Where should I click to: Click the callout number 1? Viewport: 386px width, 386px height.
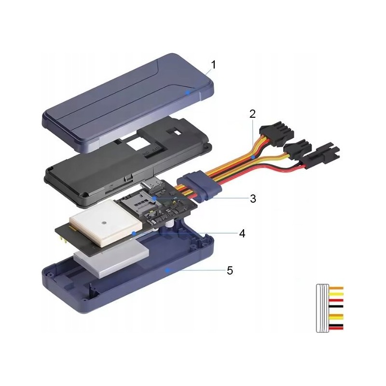213,65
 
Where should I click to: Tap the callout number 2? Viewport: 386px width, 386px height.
252,114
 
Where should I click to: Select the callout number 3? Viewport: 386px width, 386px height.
253,198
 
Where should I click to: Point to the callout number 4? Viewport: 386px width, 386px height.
242,234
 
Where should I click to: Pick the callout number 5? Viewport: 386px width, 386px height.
230,271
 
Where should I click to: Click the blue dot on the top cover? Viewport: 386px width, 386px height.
188,93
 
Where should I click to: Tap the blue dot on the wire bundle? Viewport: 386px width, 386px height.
252,157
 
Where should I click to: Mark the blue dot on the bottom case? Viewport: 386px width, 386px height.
167,270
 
